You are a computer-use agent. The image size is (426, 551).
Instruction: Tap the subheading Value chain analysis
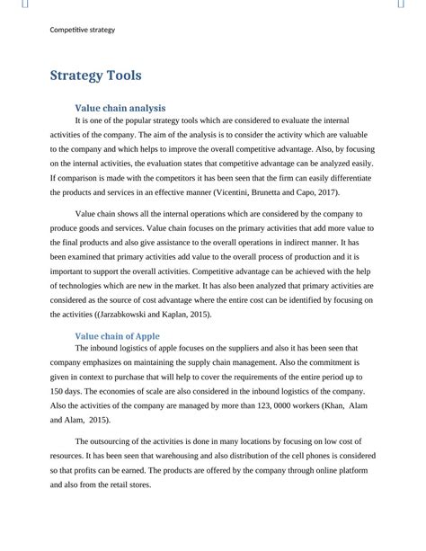[120, 107]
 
